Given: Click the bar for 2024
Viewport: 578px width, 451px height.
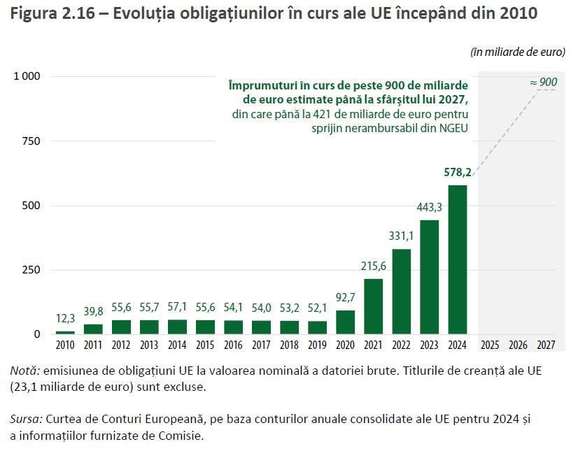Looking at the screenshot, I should coord(457,259).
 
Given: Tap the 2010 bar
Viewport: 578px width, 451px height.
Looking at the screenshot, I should coord(65,332).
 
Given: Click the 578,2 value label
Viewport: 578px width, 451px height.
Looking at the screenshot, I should coord(458,172).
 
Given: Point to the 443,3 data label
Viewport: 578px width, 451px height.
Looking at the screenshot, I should coord(430,207).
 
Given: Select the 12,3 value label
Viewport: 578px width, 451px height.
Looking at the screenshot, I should coord(65,318).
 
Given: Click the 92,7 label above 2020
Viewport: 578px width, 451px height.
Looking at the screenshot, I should coord(345,297).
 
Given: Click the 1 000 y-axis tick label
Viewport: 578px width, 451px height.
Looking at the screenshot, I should coord(27,76).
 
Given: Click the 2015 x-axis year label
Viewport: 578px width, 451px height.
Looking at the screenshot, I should coord(205,345).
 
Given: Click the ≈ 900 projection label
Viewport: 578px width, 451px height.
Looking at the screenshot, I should coord(544,83).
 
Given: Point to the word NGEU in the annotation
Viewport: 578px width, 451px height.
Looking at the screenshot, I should coord(452,127).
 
